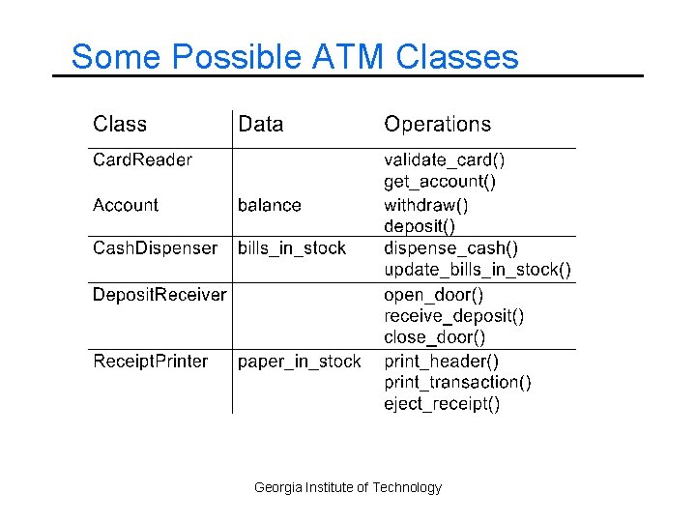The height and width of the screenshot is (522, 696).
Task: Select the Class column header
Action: (x=120, y=124)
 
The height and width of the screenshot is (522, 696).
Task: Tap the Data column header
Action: (x=261, y=124)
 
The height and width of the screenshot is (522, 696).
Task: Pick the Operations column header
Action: (x=437, y=124)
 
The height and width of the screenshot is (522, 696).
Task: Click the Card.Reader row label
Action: (x=142, y=159)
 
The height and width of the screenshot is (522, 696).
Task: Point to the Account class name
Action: (x=126, y=205)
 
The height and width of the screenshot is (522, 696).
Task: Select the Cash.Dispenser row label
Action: (x=155, y=248)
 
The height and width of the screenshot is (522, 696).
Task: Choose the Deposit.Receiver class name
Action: (x=159, y=294)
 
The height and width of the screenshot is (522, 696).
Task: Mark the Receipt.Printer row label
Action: (x=150, y=362)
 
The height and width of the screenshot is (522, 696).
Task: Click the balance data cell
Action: (x=270, y=205)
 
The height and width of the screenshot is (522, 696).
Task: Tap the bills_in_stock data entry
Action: (x=292, y=248)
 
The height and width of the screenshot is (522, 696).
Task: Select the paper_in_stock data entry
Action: (x=300, y=362)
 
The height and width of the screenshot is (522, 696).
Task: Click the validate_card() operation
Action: (x=445, y=159)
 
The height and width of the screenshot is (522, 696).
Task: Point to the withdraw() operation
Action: (x=426, y=205)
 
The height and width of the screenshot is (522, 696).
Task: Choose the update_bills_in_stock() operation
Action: (x=478, y=270)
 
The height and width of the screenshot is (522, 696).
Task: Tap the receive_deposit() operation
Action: (x=454, y=316)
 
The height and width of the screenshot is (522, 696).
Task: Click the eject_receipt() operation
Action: (x=442, y=404)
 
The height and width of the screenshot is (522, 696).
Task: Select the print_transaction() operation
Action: (x=457, y=383)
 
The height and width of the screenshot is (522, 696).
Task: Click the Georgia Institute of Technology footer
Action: (x=348, y=487)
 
